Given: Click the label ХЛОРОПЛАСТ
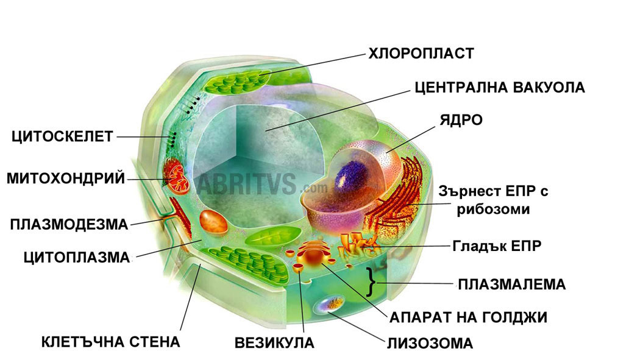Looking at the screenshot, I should click(421, 54).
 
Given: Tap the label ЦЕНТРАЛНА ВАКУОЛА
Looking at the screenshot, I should click(499, 87).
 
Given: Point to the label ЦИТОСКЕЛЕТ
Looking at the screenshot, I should click(62, 136).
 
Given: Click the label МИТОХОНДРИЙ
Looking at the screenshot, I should click(66, 178).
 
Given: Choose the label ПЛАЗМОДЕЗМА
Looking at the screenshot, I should click(69, 225).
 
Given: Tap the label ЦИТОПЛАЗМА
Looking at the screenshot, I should click(77, 258).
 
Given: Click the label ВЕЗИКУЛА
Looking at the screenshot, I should click(274, 343).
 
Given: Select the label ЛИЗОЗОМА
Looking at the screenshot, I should click(430, 344).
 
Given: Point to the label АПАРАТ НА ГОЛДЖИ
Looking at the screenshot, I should click(468, 317).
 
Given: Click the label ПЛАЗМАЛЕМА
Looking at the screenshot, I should click(512, 284).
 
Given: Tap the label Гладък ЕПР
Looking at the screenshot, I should click(497, 246).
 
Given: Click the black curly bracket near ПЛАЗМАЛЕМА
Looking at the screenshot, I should click(370, 283).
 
